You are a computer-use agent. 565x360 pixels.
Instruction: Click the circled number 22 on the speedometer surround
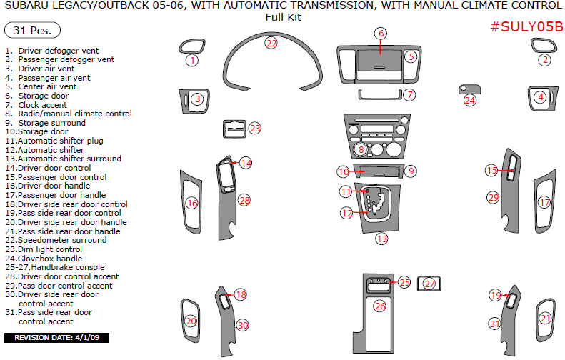click(271, 43)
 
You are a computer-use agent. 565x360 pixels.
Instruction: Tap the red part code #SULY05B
click(527, 27)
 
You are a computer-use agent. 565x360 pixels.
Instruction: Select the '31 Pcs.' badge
click(32, 31)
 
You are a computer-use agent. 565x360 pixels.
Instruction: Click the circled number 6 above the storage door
click(381, 34)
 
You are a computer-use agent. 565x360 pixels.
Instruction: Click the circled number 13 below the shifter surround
click(382, 239)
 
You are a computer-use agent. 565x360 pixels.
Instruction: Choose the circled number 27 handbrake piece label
click(429, 284)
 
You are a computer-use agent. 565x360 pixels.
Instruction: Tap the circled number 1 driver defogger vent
click(191, 61)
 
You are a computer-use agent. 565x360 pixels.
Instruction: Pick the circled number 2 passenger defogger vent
click(545, 60)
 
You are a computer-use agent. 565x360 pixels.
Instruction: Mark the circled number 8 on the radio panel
click(361, 149)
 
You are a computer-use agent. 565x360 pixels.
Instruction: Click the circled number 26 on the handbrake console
click(379, 306)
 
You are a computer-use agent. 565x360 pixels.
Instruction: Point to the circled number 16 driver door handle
click(191, 204)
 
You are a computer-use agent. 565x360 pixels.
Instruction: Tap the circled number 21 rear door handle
click(546, 319)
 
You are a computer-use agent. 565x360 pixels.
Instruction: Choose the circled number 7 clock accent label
click(409, 94)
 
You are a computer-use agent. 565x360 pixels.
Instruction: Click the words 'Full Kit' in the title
click(283, 17)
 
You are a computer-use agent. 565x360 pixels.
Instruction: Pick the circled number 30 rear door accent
click(243, 325)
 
